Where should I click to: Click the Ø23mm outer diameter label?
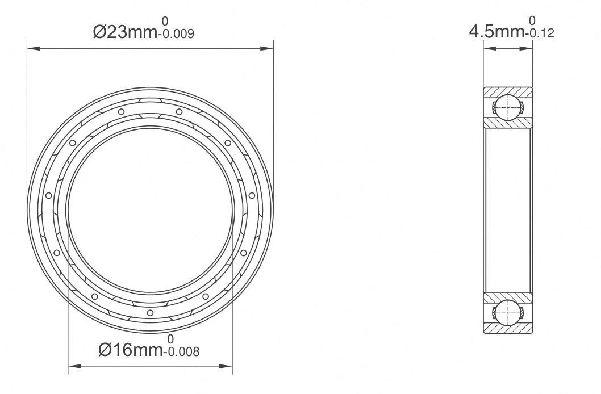(x=125, y=32)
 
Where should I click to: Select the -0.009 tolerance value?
(x=176, y=34)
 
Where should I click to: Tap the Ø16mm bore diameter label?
(x=131, y=350)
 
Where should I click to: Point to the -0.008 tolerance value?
(x=181, y=351)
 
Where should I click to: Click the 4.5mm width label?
(x=497, y=32)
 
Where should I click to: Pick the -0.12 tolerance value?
(x=540, y=33)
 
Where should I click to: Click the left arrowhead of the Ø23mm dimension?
(x=34, y=49)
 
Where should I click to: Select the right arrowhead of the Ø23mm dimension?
(x=267, y=49)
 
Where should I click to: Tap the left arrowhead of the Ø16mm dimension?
(x=75, y=366)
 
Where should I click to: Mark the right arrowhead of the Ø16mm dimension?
(x=226, y=366)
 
